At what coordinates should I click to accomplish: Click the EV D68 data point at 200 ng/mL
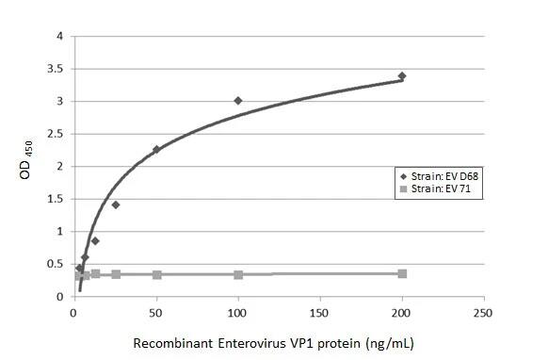point(402,76)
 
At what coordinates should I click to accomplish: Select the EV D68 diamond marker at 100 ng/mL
point(238,101)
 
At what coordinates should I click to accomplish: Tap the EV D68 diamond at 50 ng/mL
point(156,149)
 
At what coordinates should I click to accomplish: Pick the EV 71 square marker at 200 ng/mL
point(402,273)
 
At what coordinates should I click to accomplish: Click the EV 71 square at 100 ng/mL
point(238,274)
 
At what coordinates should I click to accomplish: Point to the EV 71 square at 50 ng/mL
point(156,274)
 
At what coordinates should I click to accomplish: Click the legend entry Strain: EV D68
point(438,176)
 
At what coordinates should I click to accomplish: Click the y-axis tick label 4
point(60,37)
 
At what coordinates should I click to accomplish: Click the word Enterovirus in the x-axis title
point(255,340)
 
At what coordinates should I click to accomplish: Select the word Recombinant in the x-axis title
point(175,340)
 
